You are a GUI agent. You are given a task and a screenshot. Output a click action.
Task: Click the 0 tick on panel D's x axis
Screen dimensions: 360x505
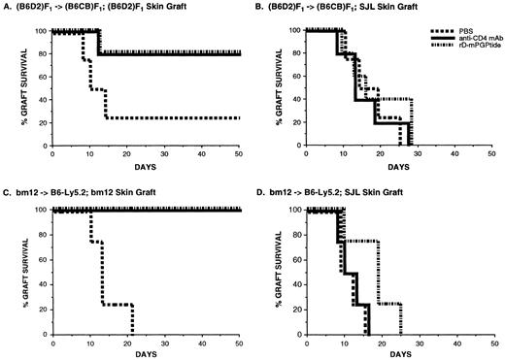(305, 343)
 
